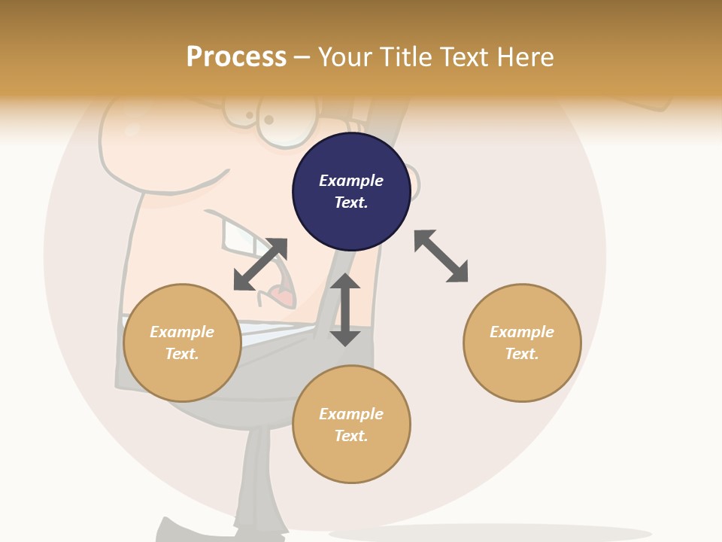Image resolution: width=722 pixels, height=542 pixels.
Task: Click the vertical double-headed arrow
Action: pos(345,309)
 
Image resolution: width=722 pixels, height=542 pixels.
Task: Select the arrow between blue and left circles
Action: pos(260,264)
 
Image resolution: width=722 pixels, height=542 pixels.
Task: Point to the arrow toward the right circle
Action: pos(441,256)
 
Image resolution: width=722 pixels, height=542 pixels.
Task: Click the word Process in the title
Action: pos(236,56)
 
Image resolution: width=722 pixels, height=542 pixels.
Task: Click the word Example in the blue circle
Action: pos(351,181)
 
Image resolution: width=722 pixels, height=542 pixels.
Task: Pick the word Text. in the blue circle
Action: pos(351,202)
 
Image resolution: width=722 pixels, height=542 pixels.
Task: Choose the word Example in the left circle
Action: pos(182,332)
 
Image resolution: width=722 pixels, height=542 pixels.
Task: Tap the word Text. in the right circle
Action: pos(522,354)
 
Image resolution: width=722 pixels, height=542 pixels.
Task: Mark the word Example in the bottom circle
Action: pos(351,414)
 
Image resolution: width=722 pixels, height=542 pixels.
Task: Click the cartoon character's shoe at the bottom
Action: pos(180,531)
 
